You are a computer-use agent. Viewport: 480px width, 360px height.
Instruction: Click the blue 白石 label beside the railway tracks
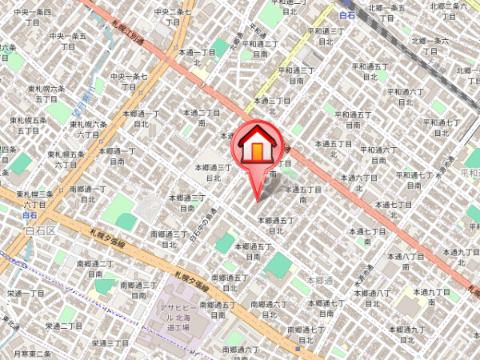click(x=346, y=15)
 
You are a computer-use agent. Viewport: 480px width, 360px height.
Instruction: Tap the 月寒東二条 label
click(x=32, y=354)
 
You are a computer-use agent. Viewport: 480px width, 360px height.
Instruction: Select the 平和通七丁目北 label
click(x=440, y=128)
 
